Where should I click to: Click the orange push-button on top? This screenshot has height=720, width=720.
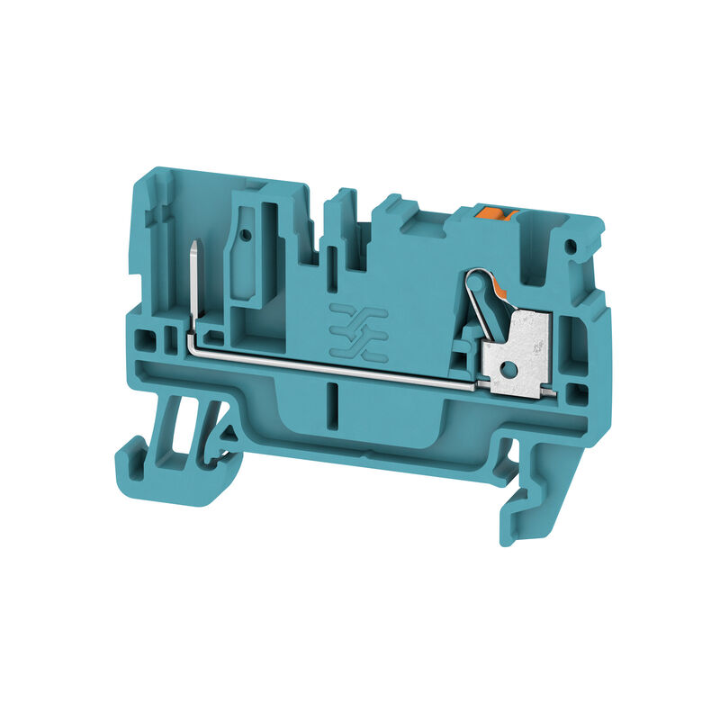click(x=494, y=212)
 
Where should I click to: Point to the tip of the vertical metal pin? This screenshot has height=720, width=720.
click(x=195, y=245)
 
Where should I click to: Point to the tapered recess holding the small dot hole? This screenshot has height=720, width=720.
click(x=245, y=256)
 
